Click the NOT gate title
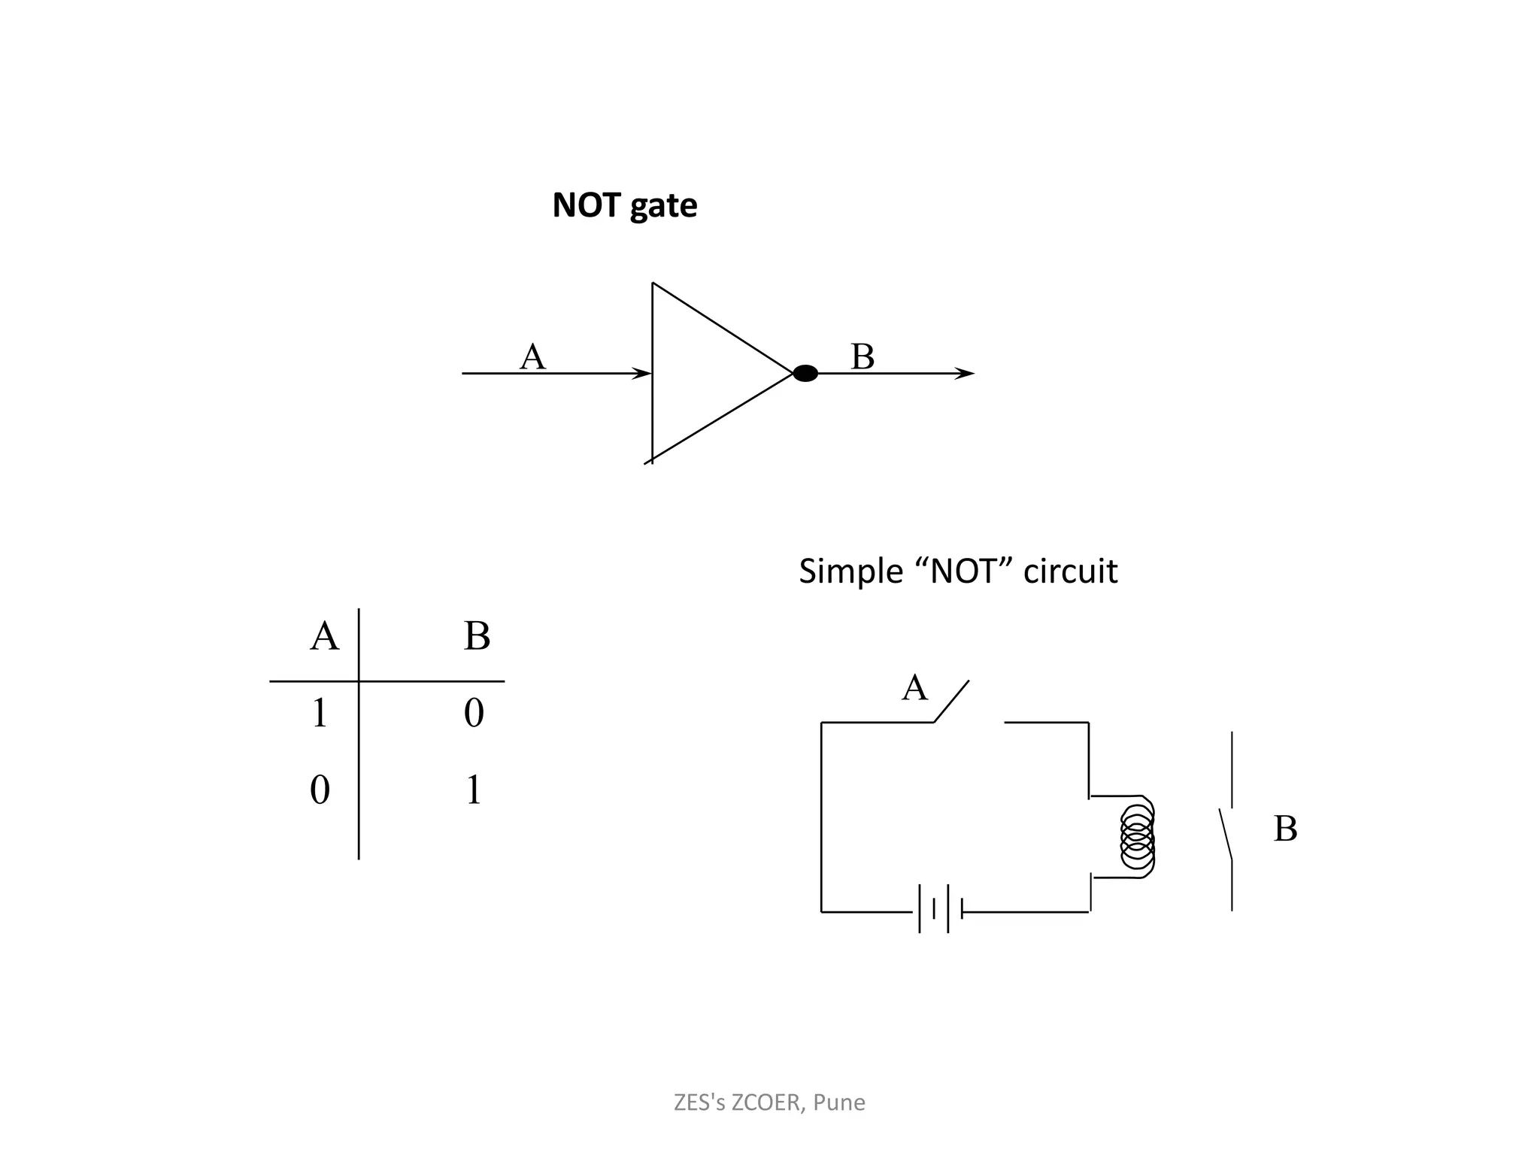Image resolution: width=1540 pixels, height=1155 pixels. point(624,205)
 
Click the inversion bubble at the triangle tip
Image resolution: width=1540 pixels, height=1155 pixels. point(805,373)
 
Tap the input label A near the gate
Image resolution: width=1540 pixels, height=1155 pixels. point(532,356)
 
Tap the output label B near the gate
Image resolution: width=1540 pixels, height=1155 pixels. point(862,356)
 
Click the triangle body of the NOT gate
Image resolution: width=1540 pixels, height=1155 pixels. point(699,373)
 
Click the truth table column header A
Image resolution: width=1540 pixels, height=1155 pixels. point(324,636)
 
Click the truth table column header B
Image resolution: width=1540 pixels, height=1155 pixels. point(477,636)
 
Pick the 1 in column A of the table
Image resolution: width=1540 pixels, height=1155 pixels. point(320,713)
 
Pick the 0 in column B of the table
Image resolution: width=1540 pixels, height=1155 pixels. point(474,713)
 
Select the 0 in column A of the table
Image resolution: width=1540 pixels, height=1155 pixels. point(320,790)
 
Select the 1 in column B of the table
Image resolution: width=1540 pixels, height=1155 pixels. point(473,790)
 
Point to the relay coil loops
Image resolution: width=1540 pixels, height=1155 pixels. point(1137,835)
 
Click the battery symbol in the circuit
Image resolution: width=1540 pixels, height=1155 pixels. point(940,909)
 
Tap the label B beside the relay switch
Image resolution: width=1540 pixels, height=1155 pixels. point(1285,829)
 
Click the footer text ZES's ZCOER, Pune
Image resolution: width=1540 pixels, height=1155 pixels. point(769,1102)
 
